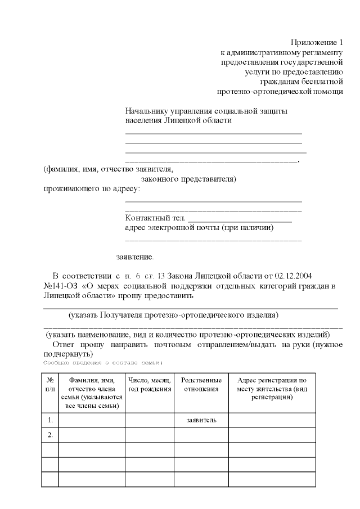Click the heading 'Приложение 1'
[x=317, y=43]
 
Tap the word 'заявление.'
[x=134, y=257]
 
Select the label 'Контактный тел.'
[x=155, y=218]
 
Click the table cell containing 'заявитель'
[x=201, y=420]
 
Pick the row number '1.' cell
[x=50, y=420]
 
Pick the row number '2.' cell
[x=50, y=435]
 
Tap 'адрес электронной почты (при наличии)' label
[x=199, y=228]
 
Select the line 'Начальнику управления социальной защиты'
[x=206, y=111]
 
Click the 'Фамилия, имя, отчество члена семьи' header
[x=92, y=389]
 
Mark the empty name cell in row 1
[x=92, y=420]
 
